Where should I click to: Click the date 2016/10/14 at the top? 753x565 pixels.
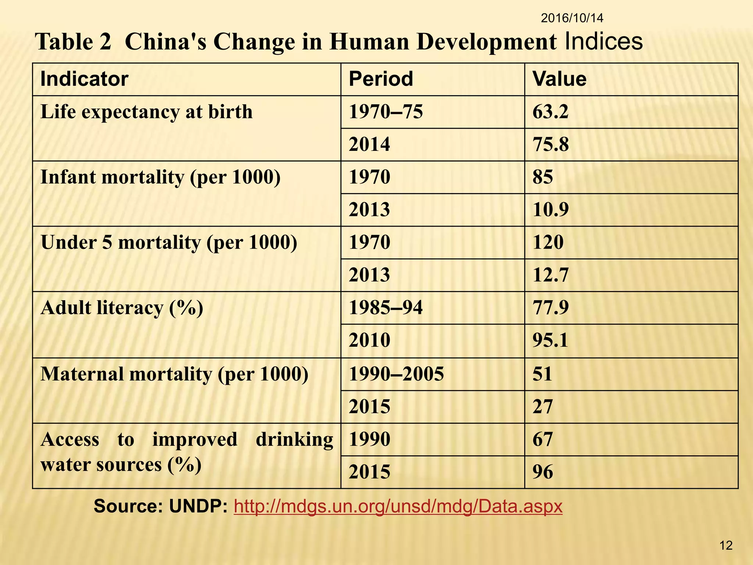[x=572, y=18]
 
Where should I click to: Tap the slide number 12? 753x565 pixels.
[x=726, y=545]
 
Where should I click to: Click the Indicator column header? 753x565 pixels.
[x=84, y=79]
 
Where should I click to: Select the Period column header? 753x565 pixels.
[x=381, y=79]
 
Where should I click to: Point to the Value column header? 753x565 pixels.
[x=559, y=79]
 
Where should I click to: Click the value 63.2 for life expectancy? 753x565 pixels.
[x=550, y=112]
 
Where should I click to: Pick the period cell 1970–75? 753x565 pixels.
[x=386, y=112]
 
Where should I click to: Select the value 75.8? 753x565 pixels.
[x=550, y=144]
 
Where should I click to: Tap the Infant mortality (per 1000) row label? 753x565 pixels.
[x=160, y=177]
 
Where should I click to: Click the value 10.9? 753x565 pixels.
[x=550, y=210]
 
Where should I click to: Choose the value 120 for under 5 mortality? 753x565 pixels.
[x=548, y=242]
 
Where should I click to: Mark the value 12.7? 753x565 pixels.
[x=550, y=275]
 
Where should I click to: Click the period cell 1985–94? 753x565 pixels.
[x=386, y=308]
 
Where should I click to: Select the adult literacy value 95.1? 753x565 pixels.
[x=550, y=340]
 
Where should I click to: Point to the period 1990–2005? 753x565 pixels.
[x=396, y=374]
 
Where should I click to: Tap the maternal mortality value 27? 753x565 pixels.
[x=543, y=407]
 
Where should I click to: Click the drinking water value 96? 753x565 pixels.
[x=543, y=472]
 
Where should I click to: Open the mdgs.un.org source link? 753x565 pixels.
[x=398, y=507]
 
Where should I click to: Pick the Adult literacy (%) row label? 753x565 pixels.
[x=122, y=308]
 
